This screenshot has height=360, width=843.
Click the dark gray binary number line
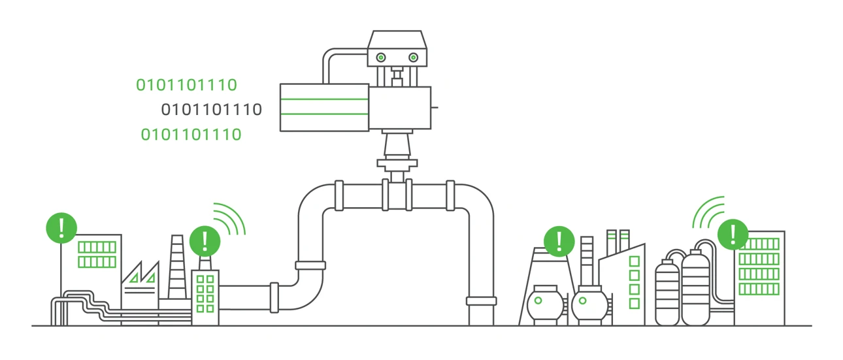click(211, 110)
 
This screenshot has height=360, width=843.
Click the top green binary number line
click(186, 85)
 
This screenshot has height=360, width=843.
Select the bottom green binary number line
click(191, 135)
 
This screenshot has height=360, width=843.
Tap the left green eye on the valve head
click(380, 57)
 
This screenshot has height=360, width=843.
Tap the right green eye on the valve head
click(413, 57)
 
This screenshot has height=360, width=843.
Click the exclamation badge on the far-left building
click(61, 227)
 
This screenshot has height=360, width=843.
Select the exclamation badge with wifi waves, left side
click(205, 241)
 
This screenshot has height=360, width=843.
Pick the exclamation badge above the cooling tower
click(559, 240)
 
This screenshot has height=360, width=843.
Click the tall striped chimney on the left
click(177, 268)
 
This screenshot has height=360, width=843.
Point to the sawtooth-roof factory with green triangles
click(140, 281)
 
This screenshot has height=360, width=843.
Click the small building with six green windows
click(205, 296)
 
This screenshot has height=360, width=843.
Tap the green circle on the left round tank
click(538, 301)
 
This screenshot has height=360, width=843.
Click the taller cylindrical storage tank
click(695, 287)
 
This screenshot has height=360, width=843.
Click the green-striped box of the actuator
click(324, 107)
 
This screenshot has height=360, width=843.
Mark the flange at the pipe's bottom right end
click(481, 301)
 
